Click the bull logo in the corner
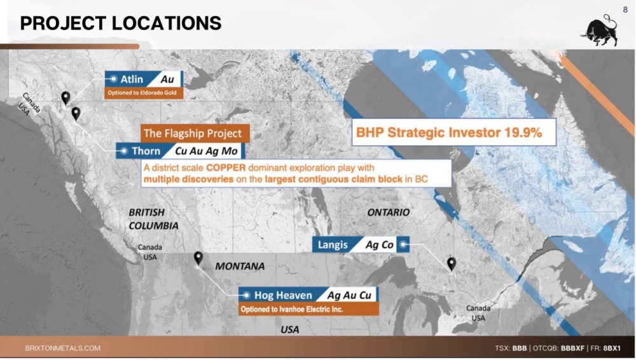600,31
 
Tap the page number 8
625,10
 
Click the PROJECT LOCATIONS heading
120,23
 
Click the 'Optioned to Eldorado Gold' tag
144,93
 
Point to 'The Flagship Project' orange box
195,133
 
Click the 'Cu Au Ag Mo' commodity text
206,151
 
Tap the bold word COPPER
226,168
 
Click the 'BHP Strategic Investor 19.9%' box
453,132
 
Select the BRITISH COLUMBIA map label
153,219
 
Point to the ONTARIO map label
388,212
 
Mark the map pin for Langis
452,264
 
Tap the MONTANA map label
240,267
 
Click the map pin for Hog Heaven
198,258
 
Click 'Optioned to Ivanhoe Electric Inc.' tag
308,309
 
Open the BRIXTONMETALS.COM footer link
62,348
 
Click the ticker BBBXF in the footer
572,348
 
